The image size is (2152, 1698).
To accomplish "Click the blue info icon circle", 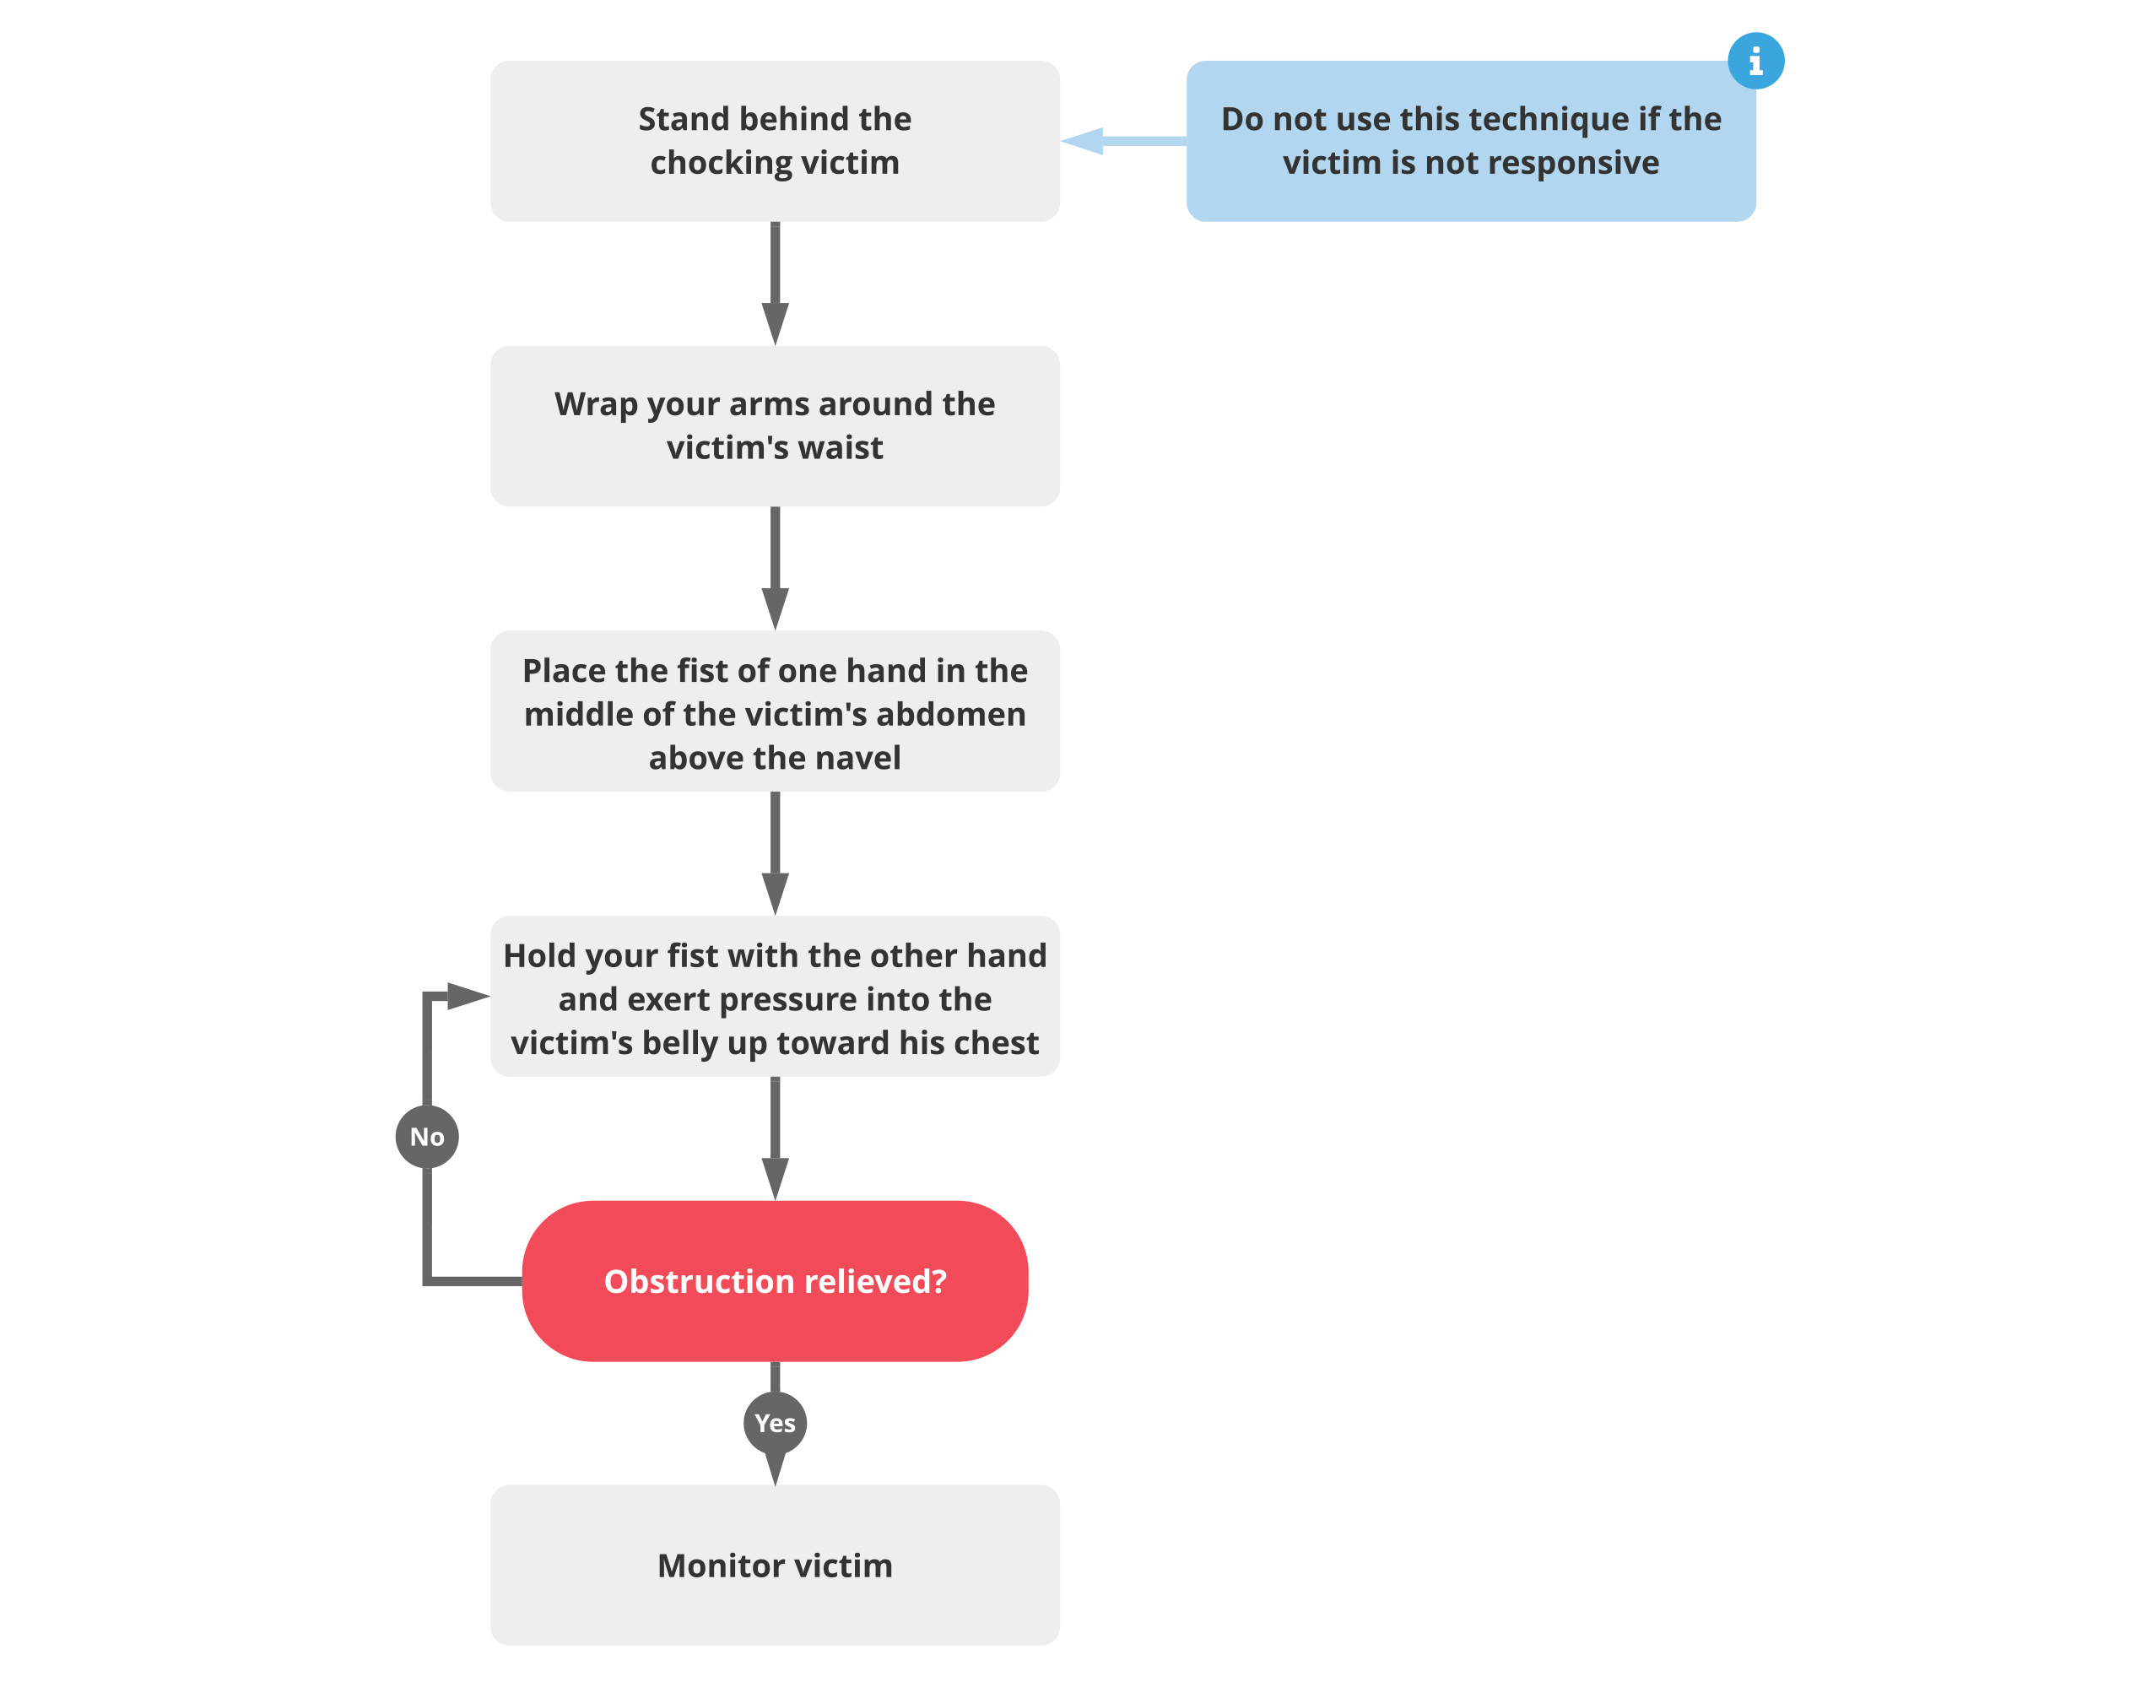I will tap(1755, 61).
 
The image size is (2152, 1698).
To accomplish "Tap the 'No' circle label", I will tap(426, 1136).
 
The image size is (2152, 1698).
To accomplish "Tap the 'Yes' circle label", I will tap(775, 1423).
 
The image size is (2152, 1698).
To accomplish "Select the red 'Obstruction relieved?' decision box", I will tap(775, 1280).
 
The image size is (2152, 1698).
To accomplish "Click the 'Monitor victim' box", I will tap(775, 1565).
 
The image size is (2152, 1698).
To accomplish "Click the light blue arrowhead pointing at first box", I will tap(1084, 141).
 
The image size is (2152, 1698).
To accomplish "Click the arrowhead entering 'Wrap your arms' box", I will tap(775, 323).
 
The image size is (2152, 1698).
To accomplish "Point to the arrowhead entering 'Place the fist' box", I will tap(775, 608).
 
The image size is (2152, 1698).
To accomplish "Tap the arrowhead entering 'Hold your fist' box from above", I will tap(775, 893).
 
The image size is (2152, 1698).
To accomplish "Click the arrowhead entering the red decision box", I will tap(775, 1178).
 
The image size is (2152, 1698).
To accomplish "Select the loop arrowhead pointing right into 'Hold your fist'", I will tap(468, 995).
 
